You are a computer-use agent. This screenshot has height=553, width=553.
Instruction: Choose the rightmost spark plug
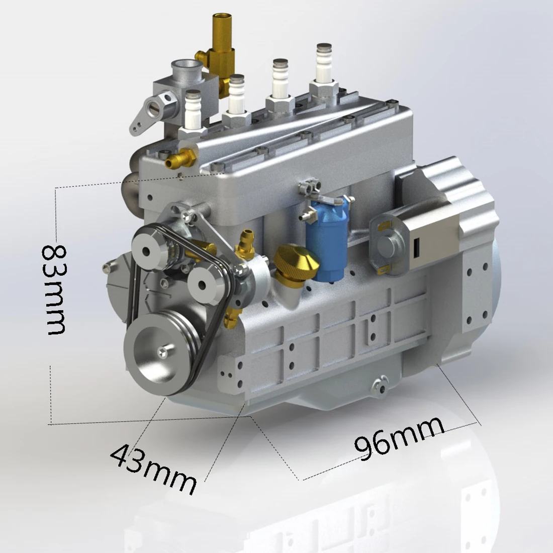click(324, 65)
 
